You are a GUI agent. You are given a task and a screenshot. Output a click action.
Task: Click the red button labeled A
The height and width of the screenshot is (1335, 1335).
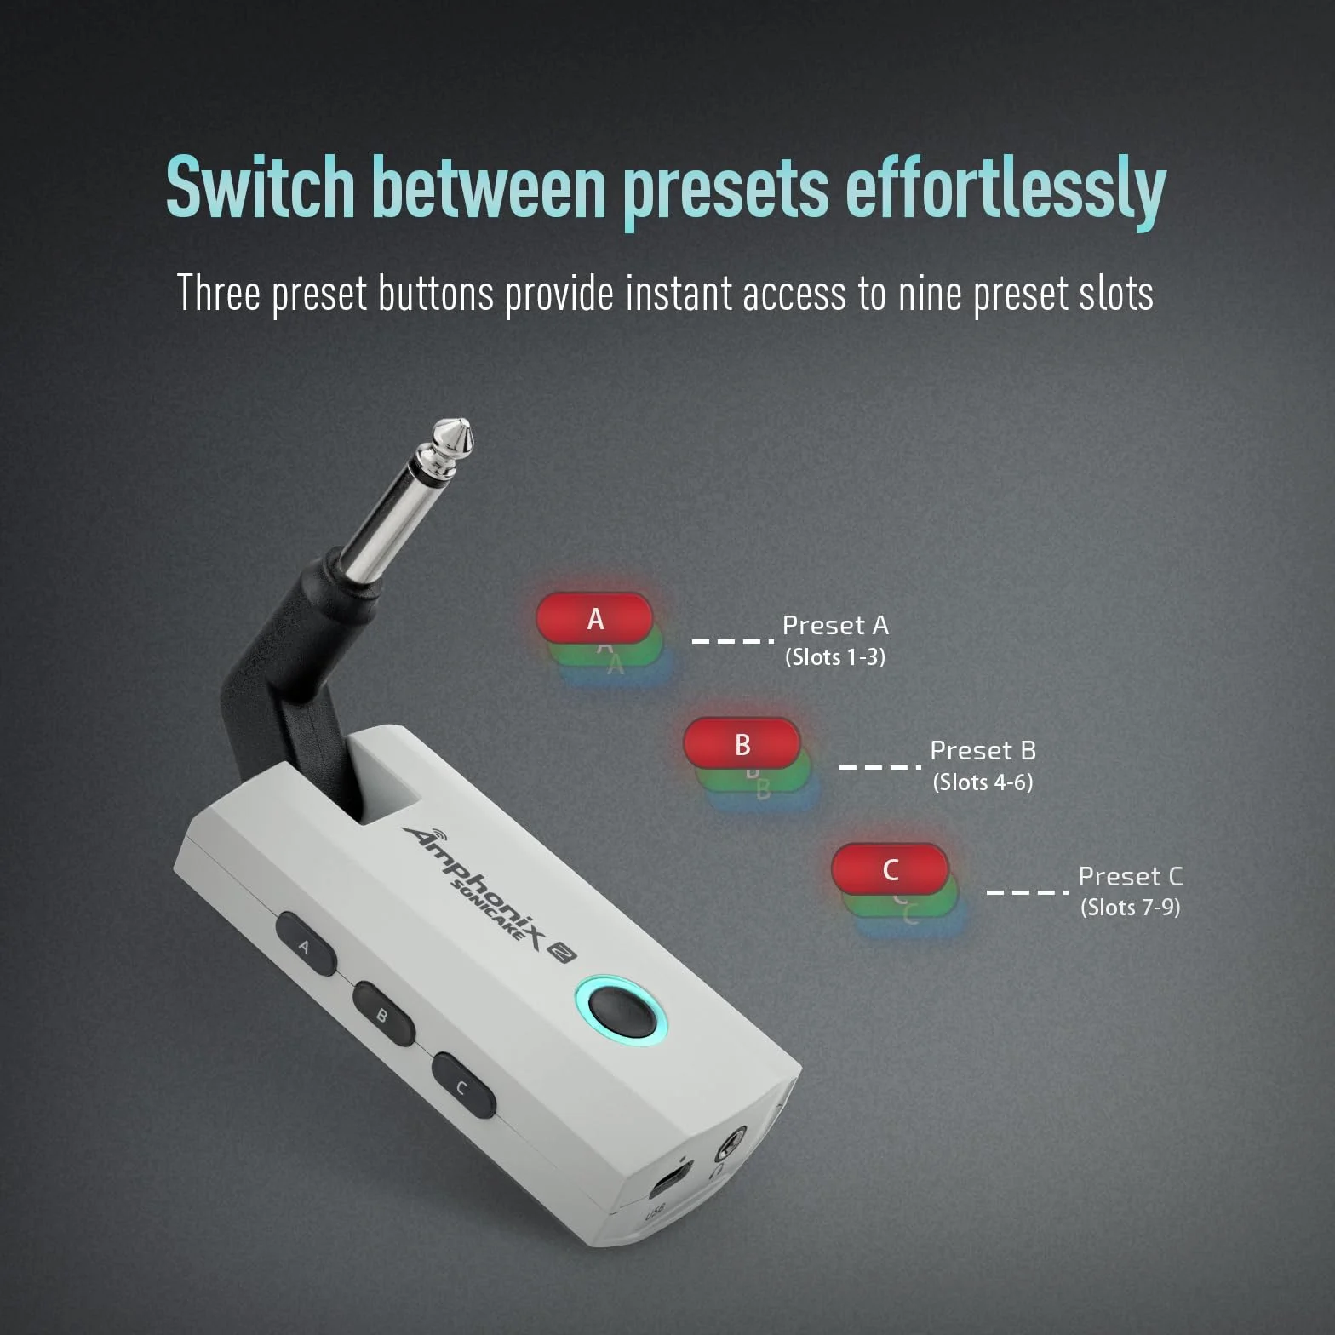coord(594,618)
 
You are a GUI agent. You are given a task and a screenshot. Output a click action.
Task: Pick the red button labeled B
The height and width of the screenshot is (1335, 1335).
coord(742,743)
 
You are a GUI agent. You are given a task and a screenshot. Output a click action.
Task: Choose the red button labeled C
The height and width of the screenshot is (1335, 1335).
coord(890,869)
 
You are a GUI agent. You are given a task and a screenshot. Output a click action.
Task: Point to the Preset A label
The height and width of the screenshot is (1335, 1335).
coord(835,626)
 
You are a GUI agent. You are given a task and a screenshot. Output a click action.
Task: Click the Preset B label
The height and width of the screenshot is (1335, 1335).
coord(983,751)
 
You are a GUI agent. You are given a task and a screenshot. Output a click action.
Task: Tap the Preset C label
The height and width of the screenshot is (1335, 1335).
coord(1131,876)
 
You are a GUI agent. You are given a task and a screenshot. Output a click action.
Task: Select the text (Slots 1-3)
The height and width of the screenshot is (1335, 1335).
coord(835,657)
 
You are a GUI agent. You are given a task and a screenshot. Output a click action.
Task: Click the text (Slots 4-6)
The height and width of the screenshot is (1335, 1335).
coord(983,782)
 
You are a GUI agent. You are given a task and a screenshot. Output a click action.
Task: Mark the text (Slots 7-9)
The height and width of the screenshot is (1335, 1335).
coord(1131,908)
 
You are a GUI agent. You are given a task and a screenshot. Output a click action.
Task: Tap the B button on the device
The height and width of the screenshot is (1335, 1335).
coord(384,1014)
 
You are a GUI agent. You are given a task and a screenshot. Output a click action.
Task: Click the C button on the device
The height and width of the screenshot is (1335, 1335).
coord(464,1086)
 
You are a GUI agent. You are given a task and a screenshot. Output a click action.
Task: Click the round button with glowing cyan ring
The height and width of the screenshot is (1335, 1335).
coord(619,1008)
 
